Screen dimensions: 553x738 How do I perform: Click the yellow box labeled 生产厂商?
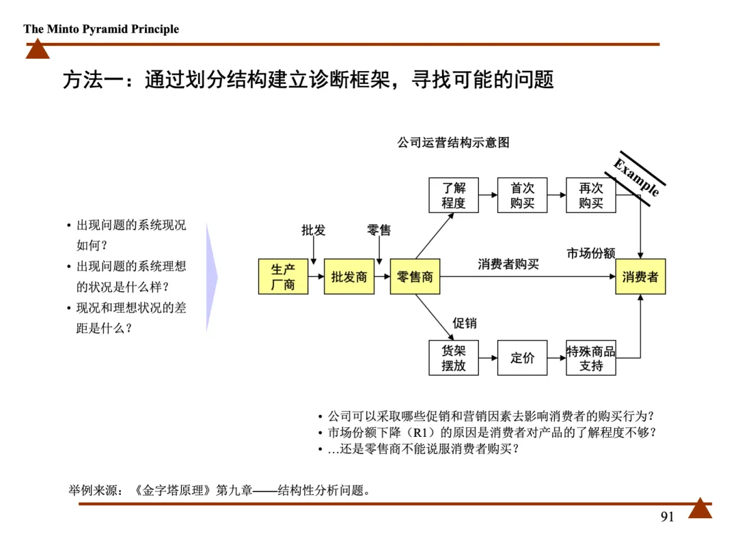click(283, 276)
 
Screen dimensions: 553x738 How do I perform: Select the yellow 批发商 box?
click(349, 276)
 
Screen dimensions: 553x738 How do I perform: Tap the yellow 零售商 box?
click(415, 276)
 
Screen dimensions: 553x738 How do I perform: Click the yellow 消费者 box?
click(640, 276)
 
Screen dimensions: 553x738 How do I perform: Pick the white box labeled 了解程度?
click(453, 195)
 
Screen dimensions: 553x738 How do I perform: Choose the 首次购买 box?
click(522, 195)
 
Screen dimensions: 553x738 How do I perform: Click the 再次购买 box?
click(591, 195)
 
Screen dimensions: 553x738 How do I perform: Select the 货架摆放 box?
click(453, 358)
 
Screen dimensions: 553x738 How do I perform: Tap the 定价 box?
click(522, 358)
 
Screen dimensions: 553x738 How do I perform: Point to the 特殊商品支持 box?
click(591, 358)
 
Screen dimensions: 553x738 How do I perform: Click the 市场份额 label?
click(590, 253)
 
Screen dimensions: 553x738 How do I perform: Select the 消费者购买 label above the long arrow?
click(508, 264)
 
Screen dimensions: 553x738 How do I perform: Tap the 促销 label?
click(465, 323)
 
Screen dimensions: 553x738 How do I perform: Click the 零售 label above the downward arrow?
click(379, 230)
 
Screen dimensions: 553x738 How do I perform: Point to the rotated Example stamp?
click(635, 177)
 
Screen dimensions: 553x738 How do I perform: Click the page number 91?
click(667, 517)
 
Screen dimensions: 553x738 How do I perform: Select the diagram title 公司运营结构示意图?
click(453, 143)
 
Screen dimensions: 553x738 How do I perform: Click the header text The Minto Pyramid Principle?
click(101, 29)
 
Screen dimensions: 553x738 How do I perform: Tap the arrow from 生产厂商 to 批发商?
click(316, 276)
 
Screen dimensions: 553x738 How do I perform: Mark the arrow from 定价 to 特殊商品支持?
click(557, 358)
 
